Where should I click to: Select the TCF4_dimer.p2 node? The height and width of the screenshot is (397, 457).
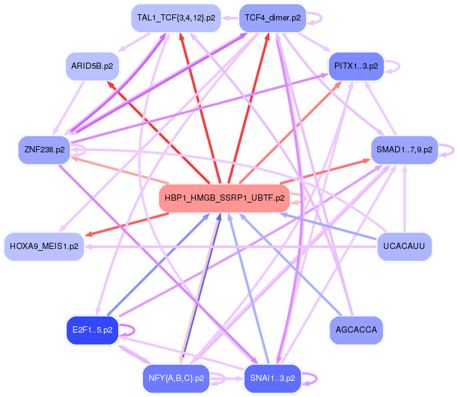[x=272, y=18]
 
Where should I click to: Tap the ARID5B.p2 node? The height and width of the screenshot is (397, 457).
[x=93, y=66]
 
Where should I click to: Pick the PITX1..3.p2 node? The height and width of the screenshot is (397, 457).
[x=356, y=66]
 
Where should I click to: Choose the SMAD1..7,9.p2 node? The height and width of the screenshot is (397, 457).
[x=404, y=150]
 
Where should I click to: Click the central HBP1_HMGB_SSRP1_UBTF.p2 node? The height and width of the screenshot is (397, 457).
[x=224, y=198]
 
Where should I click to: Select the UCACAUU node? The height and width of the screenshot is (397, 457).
[x=404, y=246]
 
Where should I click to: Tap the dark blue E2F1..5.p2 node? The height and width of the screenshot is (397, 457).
[x=92, y=330]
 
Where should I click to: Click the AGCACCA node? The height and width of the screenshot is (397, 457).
[x=357, y=330]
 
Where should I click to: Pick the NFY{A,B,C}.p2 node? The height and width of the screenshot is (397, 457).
[x=176, y=377]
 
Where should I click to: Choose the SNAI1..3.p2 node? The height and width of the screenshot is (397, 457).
[x=272, y=377]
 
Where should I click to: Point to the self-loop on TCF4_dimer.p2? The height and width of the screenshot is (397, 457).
[x=316, y=18]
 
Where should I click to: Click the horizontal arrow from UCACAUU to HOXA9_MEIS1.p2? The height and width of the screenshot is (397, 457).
[x=235, y=246]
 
